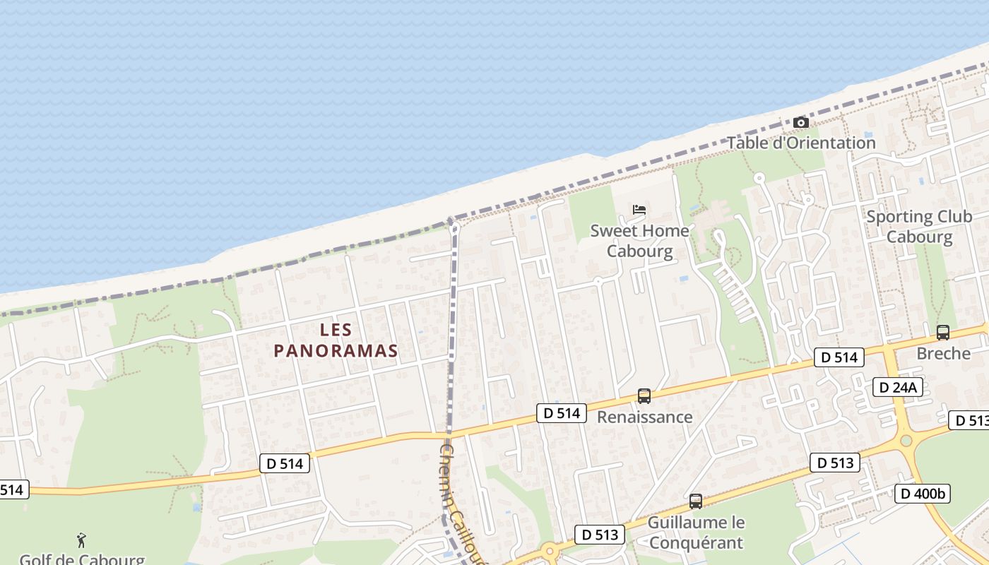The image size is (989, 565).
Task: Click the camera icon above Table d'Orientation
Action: [800, 123]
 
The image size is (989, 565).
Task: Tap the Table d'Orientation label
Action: [801, 143]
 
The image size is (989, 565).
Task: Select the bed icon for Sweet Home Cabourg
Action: [639, 209]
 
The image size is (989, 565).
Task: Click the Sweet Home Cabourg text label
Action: [639, 240]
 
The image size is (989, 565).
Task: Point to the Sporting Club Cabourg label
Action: [919, 226]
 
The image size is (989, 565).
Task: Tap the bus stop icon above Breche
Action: [942, 333]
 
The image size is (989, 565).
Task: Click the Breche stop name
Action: [943, 353]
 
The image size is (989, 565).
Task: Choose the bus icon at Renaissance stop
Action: [644, 396]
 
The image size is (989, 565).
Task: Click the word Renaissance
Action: [644, 417]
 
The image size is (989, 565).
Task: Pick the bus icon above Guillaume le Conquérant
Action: [696, 501]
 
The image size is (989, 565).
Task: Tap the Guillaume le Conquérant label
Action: [696, 533]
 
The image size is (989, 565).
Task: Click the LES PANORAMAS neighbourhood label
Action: [336, 340]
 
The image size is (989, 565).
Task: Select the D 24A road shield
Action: [898, 387]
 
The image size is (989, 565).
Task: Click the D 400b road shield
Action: [923, 494]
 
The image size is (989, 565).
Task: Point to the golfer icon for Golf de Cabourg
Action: [81, 541]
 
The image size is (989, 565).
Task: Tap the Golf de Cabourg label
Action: [81, 559]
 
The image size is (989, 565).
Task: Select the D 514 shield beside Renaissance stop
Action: [562, 413]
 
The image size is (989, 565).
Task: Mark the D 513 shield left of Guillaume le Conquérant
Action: [600, 535]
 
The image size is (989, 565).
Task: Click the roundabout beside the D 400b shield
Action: [906, 441]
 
